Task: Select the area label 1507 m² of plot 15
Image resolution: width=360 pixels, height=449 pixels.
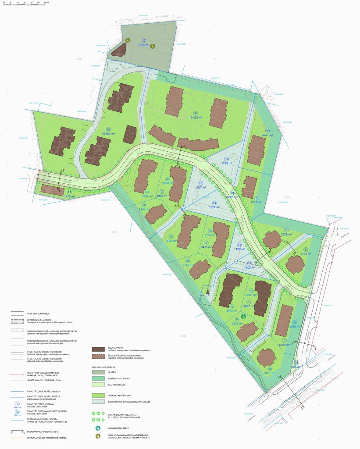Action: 200,189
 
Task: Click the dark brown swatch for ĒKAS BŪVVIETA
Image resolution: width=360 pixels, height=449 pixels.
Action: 98,349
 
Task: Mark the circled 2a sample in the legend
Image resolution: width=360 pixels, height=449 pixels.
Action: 17,412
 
